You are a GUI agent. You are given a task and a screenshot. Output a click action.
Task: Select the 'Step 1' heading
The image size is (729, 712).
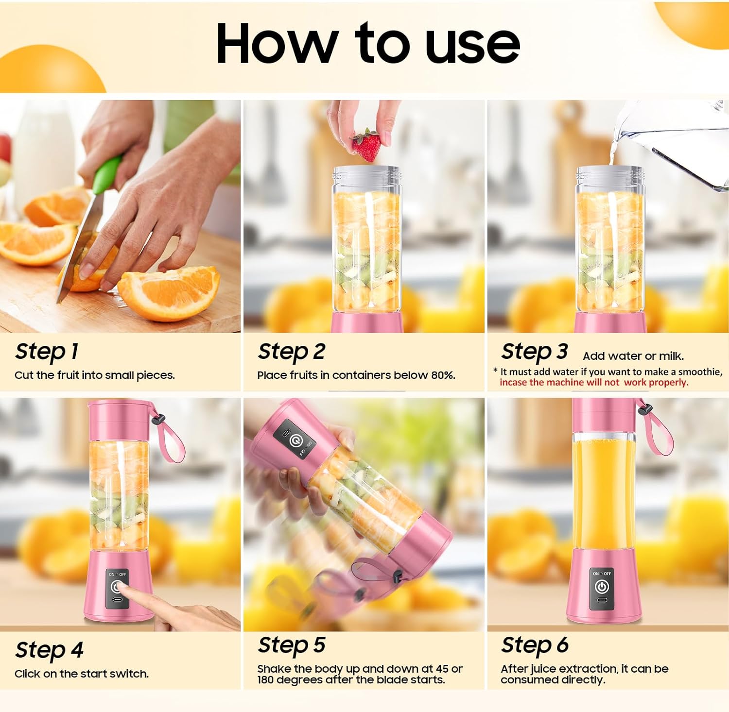[x=47, y=352]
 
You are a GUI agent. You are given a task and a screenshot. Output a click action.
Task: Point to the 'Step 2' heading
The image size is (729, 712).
[x=291, y=352]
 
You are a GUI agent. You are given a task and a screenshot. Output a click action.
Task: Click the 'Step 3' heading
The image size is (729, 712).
[x=534, y=352]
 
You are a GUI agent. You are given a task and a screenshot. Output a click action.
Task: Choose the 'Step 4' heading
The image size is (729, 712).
[x=49, y=650]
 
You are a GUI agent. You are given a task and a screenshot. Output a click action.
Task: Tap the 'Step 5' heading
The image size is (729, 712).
[x=291, y=645]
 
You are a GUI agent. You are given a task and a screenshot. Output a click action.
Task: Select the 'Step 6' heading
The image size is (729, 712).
[x=535, y=645]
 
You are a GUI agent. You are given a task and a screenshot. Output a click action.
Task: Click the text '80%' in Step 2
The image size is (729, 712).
[x=442, y=375]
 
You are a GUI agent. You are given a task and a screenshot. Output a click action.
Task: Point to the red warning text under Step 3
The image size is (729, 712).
[x=593, y=383]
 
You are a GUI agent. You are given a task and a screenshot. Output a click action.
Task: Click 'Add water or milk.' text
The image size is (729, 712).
[x=633, y=356]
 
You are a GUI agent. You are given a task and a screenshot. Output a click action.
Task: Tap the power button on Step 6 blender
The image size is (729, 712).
[x=602, y=587]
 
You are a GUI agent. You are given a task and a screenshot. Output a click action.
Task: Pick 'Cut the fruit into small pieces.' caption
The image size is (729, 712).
[x=94, y=375]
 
